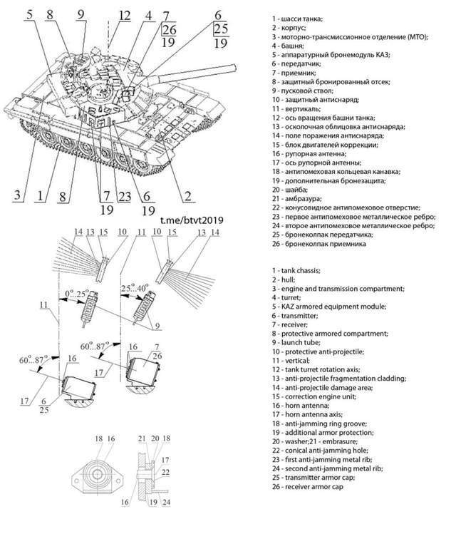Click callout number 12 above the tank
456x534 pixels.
point(125,15)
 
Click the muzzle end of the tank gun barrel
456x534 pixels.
point(233,67)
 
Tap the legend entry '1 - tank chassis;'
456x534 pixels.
point(302,270)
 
